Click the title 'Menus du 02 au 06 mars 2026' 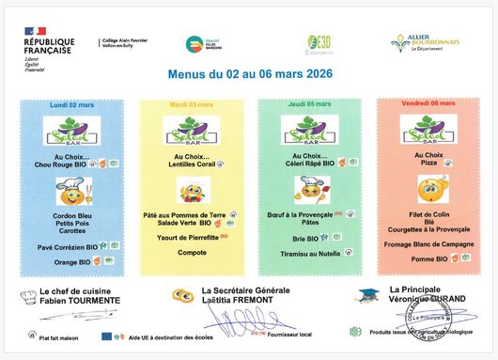tap(246, 72)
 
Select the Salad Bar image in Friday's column tap(428, 131)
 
